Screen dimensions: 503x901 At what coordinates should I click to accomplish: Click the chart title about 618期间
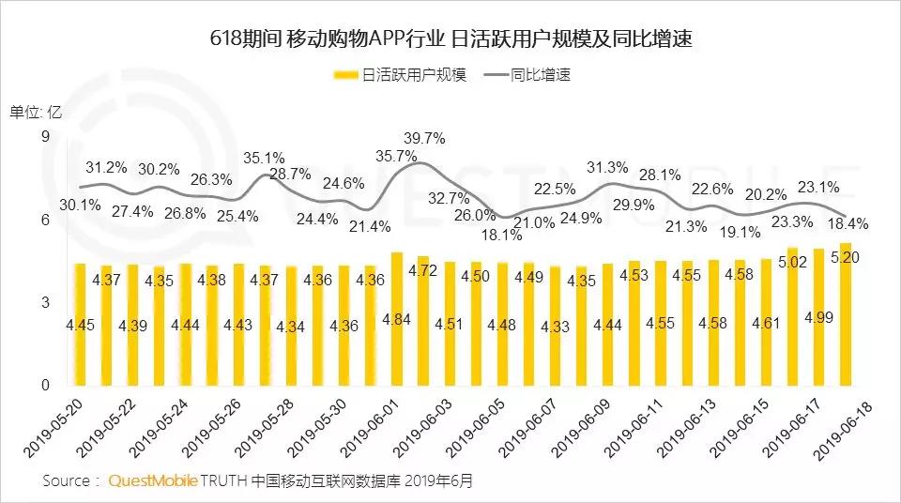[x=451, y=39]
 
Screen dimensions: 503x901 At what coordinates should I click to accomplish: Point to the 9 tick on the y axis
[x=42, y=138]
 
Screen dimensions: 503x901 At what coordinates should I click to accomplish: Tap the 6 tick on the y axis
[x=42, y=221]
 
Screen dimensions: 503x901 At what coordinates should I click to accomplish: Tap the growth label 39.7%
[x=423, y=138]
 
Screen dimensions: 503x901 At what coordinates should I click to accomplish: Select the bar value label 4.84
[x=396, y=320]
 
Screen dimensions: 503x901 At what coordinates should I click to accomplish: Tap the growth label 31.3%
[x=607, y=167]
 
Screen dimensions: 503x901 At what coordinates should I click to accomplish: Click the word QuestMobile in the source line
[x=153, y=480]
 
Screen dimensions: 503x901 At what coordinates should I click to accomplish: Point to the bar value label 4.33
[x=555, y=326]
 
